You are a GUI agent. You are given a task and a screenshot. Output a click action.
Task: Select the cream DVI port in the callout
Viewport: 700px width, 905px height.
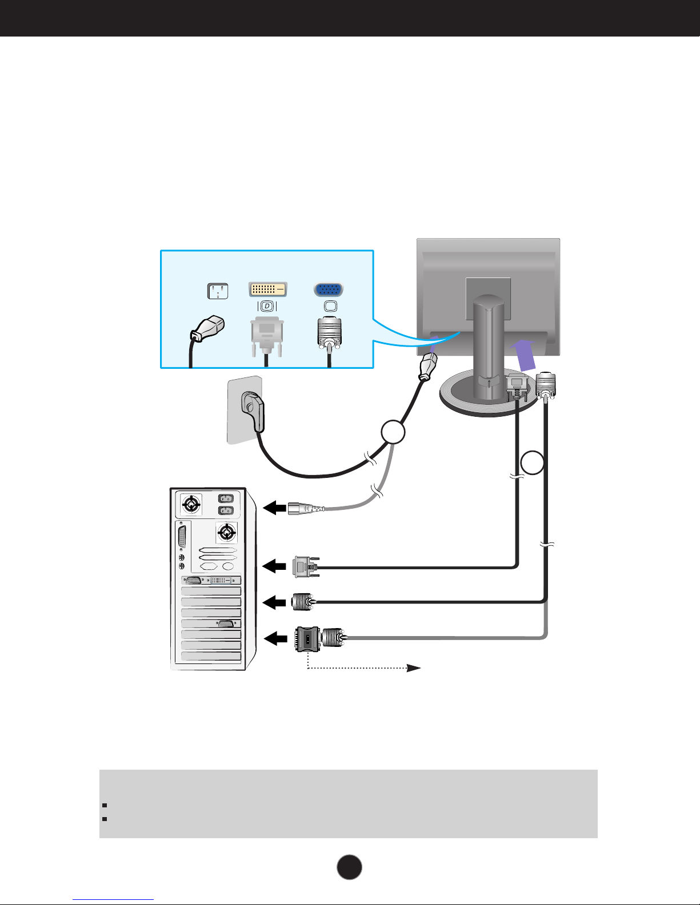point(267,289)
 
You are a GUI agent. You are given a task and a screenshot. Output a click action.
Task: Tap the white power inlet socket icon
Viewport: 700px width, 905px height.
point(217,291)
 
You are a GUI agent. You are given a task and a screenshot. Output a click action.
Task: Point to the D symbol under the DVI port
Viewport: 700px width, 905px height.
point(267,306)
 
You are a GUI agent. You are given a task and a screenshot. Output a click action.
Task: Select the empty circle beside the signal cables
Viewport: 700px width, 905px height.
point(533,463)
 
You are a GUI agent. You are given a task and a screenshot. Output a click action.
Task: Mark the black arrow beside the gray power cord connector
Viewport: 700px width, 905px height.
point(274,507)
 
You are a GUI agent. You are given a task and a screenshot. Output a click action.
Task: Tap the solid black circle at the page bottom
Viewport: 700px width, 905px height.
point(350,867)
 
